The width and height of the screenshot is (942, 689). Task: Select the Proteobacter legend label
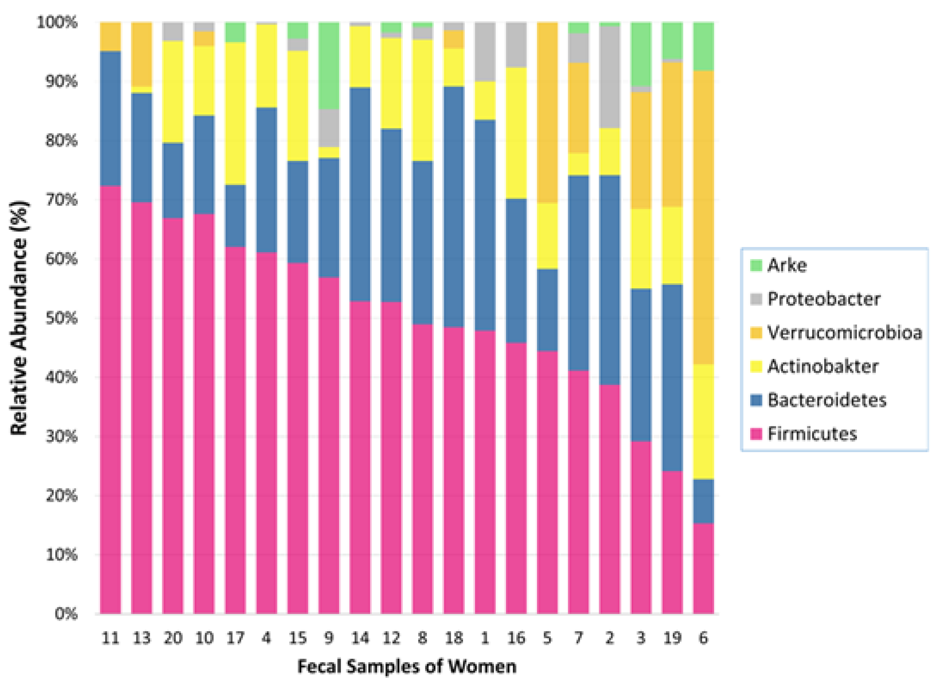pyautogui.click(x=824, y=299)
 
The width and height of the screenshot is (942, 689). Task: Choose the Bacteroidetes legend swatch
pyautogui.click(x=756, y=400)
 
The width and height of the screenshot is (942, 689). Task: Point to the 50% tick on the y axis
pyautogui.click(x=61, y=318)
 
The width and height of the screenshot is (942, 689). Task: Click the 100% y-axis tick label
pyautogui.click(x=57, y=22)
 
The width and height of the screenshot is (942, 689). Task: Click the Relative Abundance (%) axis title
pyautogui.click(x=19, y=318)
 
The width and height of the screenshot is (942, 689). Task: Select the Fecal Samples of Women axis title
pyautogui.click(x=406, y=666)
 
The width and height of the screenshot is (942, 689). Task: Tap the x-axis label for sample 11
pyautogui.click(x=110, y=638)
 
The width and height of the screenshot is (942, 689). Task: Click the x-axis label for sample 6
pyautogui.click(x=703, y=638)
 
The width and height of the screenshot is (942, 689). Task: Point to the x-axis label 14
pyautogui.click(x=360, y=638)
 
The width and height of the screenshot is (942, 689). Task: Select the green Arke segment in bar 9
pyautogui.click(x=329, y=65)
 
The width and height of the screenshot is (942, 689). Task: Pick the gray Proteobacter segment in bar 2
pyautogui.click(x=610, y=77)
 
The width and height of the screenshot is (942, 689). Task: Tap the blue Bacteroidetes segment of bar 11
pyautogui.click(x=110, y=118)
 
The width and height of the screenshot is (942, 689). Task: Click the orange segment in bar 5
pyautogui.click(x=547, y=112)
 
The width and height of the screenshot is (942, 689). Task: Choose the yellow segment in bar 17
pyautogui.click(x=235, y=113)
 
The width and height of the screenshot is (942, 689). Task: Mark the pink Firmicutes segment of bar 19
pyautogui.click(x=672, y=542)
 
